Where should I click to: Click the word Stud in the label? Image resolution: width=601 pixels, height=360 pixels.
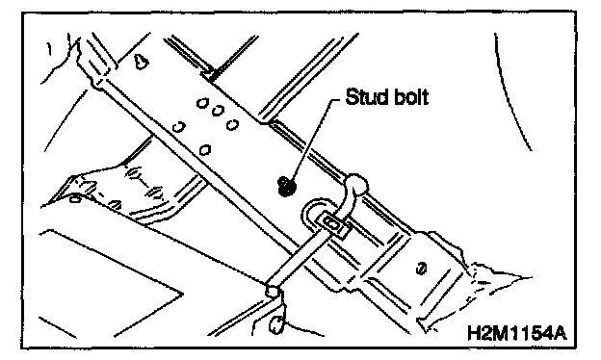coord(364,96)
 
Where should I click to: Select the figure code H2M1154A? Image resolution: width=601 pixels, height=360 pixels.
coord(516,332)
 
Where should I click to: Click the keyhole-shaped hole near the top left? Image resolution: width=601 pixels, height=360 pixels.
coord(141,62)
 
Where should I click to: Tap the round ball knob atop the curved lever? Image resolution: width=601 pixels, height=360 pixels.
coord(356,185)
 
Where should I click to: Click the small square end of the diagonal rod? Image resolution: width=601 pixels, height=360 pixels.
coord(272,291)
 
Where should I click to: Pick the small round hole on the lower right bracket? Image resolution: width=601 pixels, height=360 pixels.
coord(421,269)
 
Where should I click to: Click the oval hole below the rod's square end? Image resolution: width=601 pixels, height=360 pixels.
coord(275,325)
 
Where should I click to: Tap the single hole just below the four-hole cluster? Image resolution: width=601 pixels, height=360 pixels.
coord(205,150)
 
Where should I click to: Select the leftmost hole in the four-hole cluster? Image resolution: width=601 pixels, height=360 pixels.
coord(177,126)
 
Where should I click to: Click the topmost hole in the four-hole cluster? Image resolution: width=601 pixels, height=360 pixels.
coord(202,102)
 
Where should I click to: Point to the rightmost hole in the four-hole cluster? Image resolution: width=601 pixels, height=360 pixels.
coord(232,124)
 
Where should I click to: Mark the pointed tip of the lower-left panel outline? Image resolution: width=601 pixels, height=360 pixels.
coord(183,295)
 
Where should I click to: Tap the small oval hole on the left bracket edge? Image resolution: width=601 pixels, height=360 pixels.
coord(75,199)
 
